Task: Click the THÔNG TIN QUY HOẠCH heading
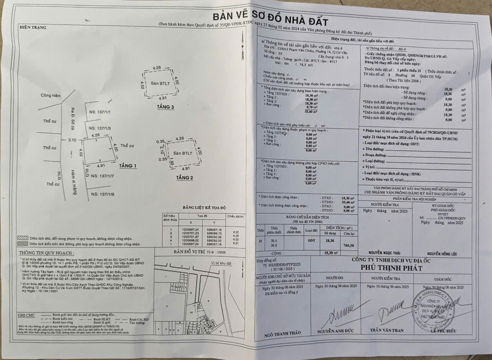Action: click(x=39, y=250)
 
